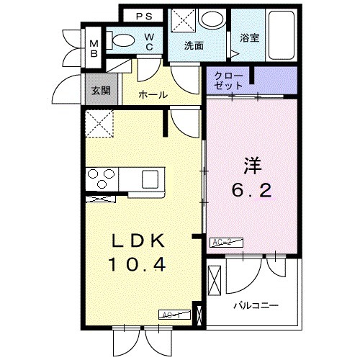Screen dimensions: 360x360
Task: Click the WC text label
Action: (148, 42)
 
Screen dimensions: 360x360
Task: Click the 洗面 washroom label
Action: (194, 46)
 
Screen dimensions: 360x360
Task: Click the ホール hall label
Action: (153, 94)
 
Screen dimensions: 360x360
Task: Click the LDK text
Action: (138, 240)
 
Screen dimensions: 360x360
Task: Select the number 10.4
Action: (138, 266)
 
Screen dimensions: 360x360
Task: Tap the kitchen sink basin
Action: (153, 178)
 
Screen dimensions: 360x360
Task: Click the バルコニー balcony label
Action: (256, 305)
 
